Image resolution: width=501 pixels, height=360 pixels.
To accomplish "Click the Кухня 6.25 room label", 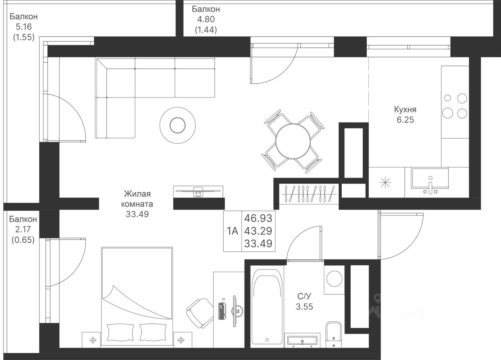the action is (x=405, y=115).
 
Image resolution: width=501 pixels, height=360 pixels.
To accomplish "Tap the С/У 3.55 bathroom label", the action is (x=304, y=301).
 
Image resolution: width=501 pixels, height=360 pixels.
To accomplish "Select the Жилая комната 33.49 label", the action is (x=137, y=204).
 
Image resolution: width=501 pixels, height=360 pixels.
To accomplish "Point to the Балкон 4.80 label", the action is (x=206, y=19).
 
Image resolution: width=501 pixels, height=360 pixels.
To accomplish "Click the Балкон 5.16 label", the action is (x=24, y=27).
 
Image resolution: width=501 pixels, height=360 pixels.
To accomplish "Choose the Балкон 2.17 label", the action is (x=23, y=229).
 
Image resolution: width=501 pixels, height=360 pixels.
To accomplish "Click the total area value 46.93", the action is (x=258, y=218).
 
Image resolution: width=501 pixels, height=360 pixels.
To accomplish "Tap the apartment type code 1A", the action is (x=232, y=231).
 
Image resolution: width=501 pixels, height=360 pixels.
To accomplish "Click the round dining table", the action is (x=293, y=141).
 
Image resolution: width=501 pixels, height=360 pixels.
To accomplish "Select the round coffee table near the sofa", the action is (x=178, y=125).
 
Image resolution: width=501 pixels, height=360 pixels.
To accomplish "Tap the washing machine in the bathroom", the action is (x=334, y=280).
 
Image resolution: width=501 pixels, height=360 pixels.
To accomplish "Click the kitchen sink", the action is (x=430, y=181).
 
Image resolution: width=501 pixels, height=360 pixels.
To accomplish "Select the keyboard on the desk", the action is (x=222, y=311).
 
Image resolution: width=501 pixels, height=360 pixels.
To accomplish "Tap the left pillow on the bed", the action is (x=121, y=332).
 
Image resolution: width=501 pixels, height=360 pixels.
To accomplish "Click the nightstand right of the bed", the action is (x=183, y=340).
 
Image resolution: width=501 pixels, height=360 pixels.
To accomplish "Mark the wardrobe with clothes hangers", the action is (x=309, y=194).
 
